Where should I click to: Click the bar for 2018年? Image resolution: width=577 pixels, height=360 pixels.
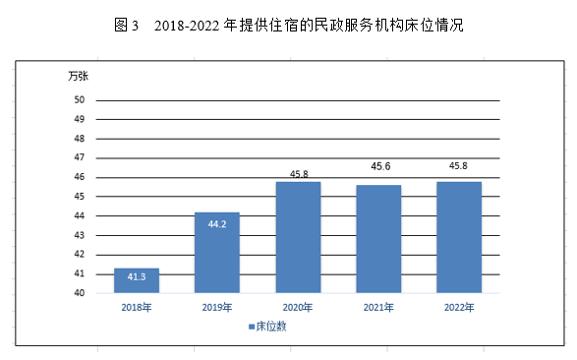pyautogui.click(x=137, y=280)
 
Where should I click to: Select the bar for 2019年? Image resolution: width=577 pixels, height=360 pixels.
pyautogui.click(x=217, y=253)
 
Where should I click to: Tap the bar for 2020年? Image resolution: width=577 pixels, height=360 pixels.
pyautogui.click(x=298, y=237)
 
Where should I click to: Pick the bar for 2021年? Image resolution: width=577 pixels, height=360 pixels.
pyautogui.click(x=378, y=239)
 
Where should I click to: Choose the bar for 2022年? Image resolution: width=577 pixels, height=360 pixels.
pyautogui.click(x=459, y=237)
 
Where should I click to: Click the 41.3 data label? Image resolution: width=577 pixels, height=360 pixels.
pyautogui.click(x=137, y=276)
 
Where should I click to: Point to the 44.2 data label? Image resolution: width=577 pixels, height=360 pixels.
pyautogui.click(x=217, y=224)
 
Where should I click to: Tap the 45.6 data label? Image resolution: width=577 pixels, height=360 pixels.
pyautogui.click(x=380, y=166)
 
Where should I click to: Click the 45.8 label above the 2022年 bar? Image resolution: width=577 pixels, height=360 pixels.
pyautogui.click(x=458, y=166)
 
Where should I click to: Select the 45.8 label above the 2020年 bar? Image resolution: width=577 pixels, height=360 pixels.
pyautogui.click(x=299, y=174)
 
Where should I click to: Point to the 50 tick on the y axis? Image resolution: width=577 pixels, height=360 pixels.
pyautogui.click(x=79, y=99)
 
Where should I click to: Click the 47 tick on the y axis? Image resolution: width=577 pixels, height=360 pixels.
pyautogui.click(x=79, y=157)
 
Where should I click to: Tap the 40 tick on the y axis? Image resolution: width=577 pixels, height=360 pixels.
pyautogui.click(x=79, y=293)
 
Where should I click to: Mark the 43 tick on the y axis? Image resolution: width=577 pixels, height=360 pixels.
pyautogui.click(x=79, y=235)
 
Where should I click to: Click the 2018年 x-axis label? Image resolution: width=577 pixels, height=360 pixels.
pyautogui.click(x=137, y=307)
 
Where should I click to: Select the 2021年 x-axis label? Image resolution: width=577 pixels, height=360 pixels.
pyautogui.click(x=378, y=307)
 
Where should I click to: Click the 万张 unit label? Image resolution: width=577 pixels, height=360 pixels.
pyautogui.click(x=78, y=76)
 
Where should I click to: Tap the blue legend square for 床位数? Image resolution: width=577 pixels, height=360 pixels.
pyautogui.click(x=252, y=327)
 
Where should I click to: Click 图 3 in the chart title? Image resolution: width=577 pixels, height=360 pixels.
pyautogui.click(x=126, y=26)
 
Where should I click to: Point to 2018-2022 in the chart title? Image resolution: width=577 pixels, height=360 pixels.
pyautogui.click(x=187, y=26)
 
